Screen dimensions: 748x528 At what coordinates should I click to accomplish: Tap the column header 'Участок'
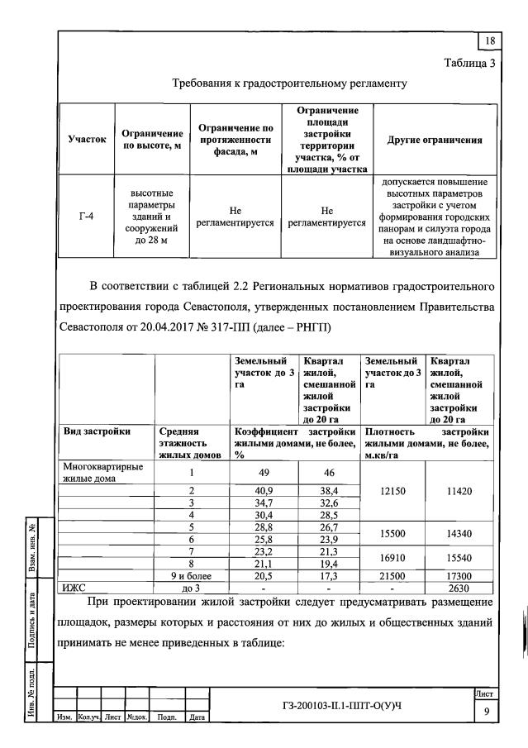click(x=86, y=140)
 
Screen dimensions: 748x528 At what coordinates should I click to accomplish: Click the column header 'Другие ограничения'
click(x=435, y=140)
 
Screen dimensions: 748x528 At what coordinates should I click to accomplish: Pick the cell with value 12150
click(x=392, y=490)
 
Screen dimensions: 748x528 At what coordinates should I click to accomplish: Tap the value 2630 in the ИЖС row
click(x=459, y=587)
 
